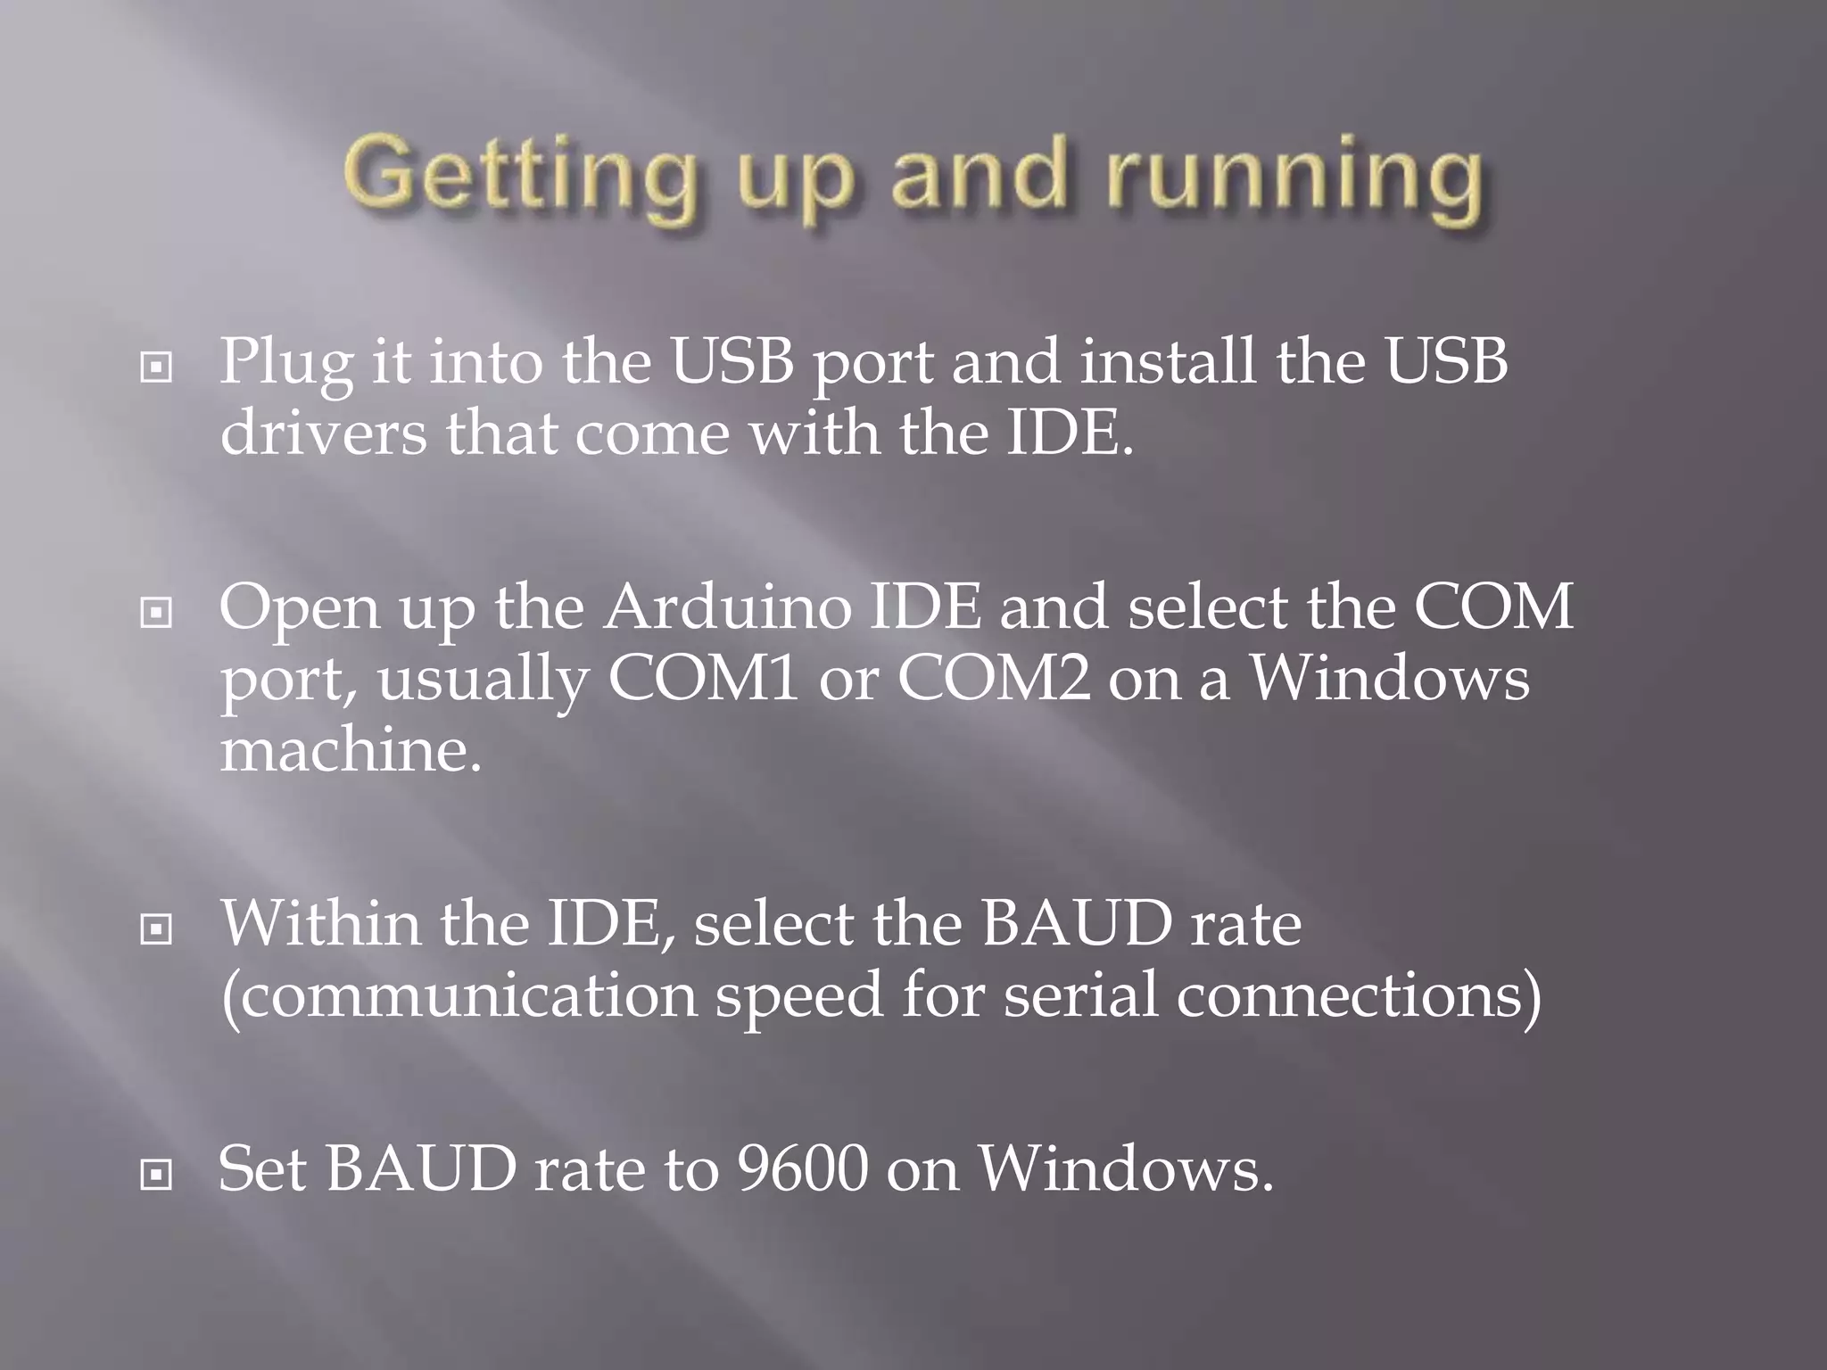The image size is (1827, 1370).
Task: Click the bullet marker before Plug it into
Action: pos(156,367)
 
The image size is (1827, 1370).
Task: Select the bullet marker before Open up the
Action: pos(156,613)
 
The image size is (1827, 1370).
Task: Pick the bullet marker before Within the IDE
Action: pos(156,930)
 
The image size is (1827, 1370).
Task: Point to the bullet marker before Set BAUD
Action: pos(156,1175)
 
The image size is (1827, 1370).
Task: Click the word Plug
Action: pos(285,364)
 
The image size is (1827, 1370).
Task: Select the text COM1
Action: pos(703,679)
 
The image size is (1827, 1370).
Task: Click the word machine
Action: pos(350,751)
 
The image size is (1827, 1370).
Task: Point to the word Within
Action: pos(320,924)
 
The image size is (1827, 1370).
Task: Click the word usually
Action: pos(483,681)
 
